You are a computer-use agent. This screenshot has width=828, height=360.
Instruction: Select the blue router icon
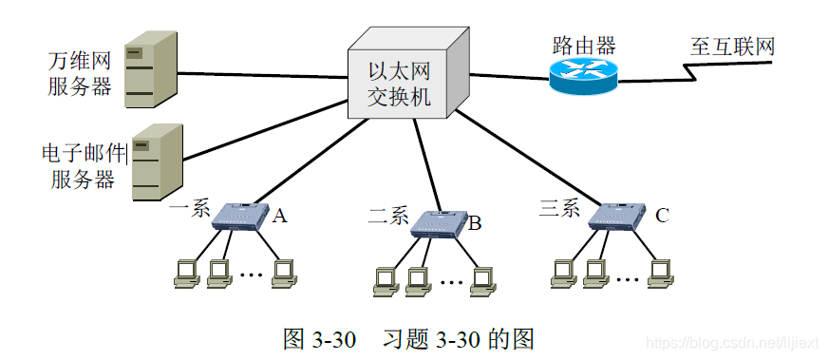coord(582,76)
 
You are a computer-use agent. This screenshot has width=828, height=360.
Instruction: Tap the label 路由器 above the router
coord(584,45)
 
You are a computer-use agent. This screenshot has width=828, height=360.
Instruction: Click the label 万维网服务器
coord(80,74)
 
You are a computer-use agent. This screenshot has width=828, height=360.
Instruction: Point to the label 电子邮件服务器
coord(83,165)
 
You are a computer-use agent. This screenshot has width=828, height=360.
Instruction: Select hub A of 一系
coord(239,217)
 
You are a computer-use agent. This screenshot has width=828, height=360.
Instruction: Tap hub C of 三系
coord(616,217)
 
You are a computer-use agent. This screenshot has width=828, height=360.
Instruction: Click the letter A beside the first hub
coord(279,217)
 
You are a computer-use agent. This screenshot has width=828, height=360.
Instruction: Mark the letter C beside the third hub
coord(661,216)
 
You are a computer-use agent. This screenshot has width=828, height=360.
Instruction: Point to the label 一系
coord(190,209)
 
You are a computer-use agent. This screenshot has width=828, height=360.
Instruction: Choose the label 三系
coord(559,209)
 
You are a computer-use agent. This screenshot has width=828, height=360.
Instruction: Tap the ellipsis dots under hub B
coord(452,281)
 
